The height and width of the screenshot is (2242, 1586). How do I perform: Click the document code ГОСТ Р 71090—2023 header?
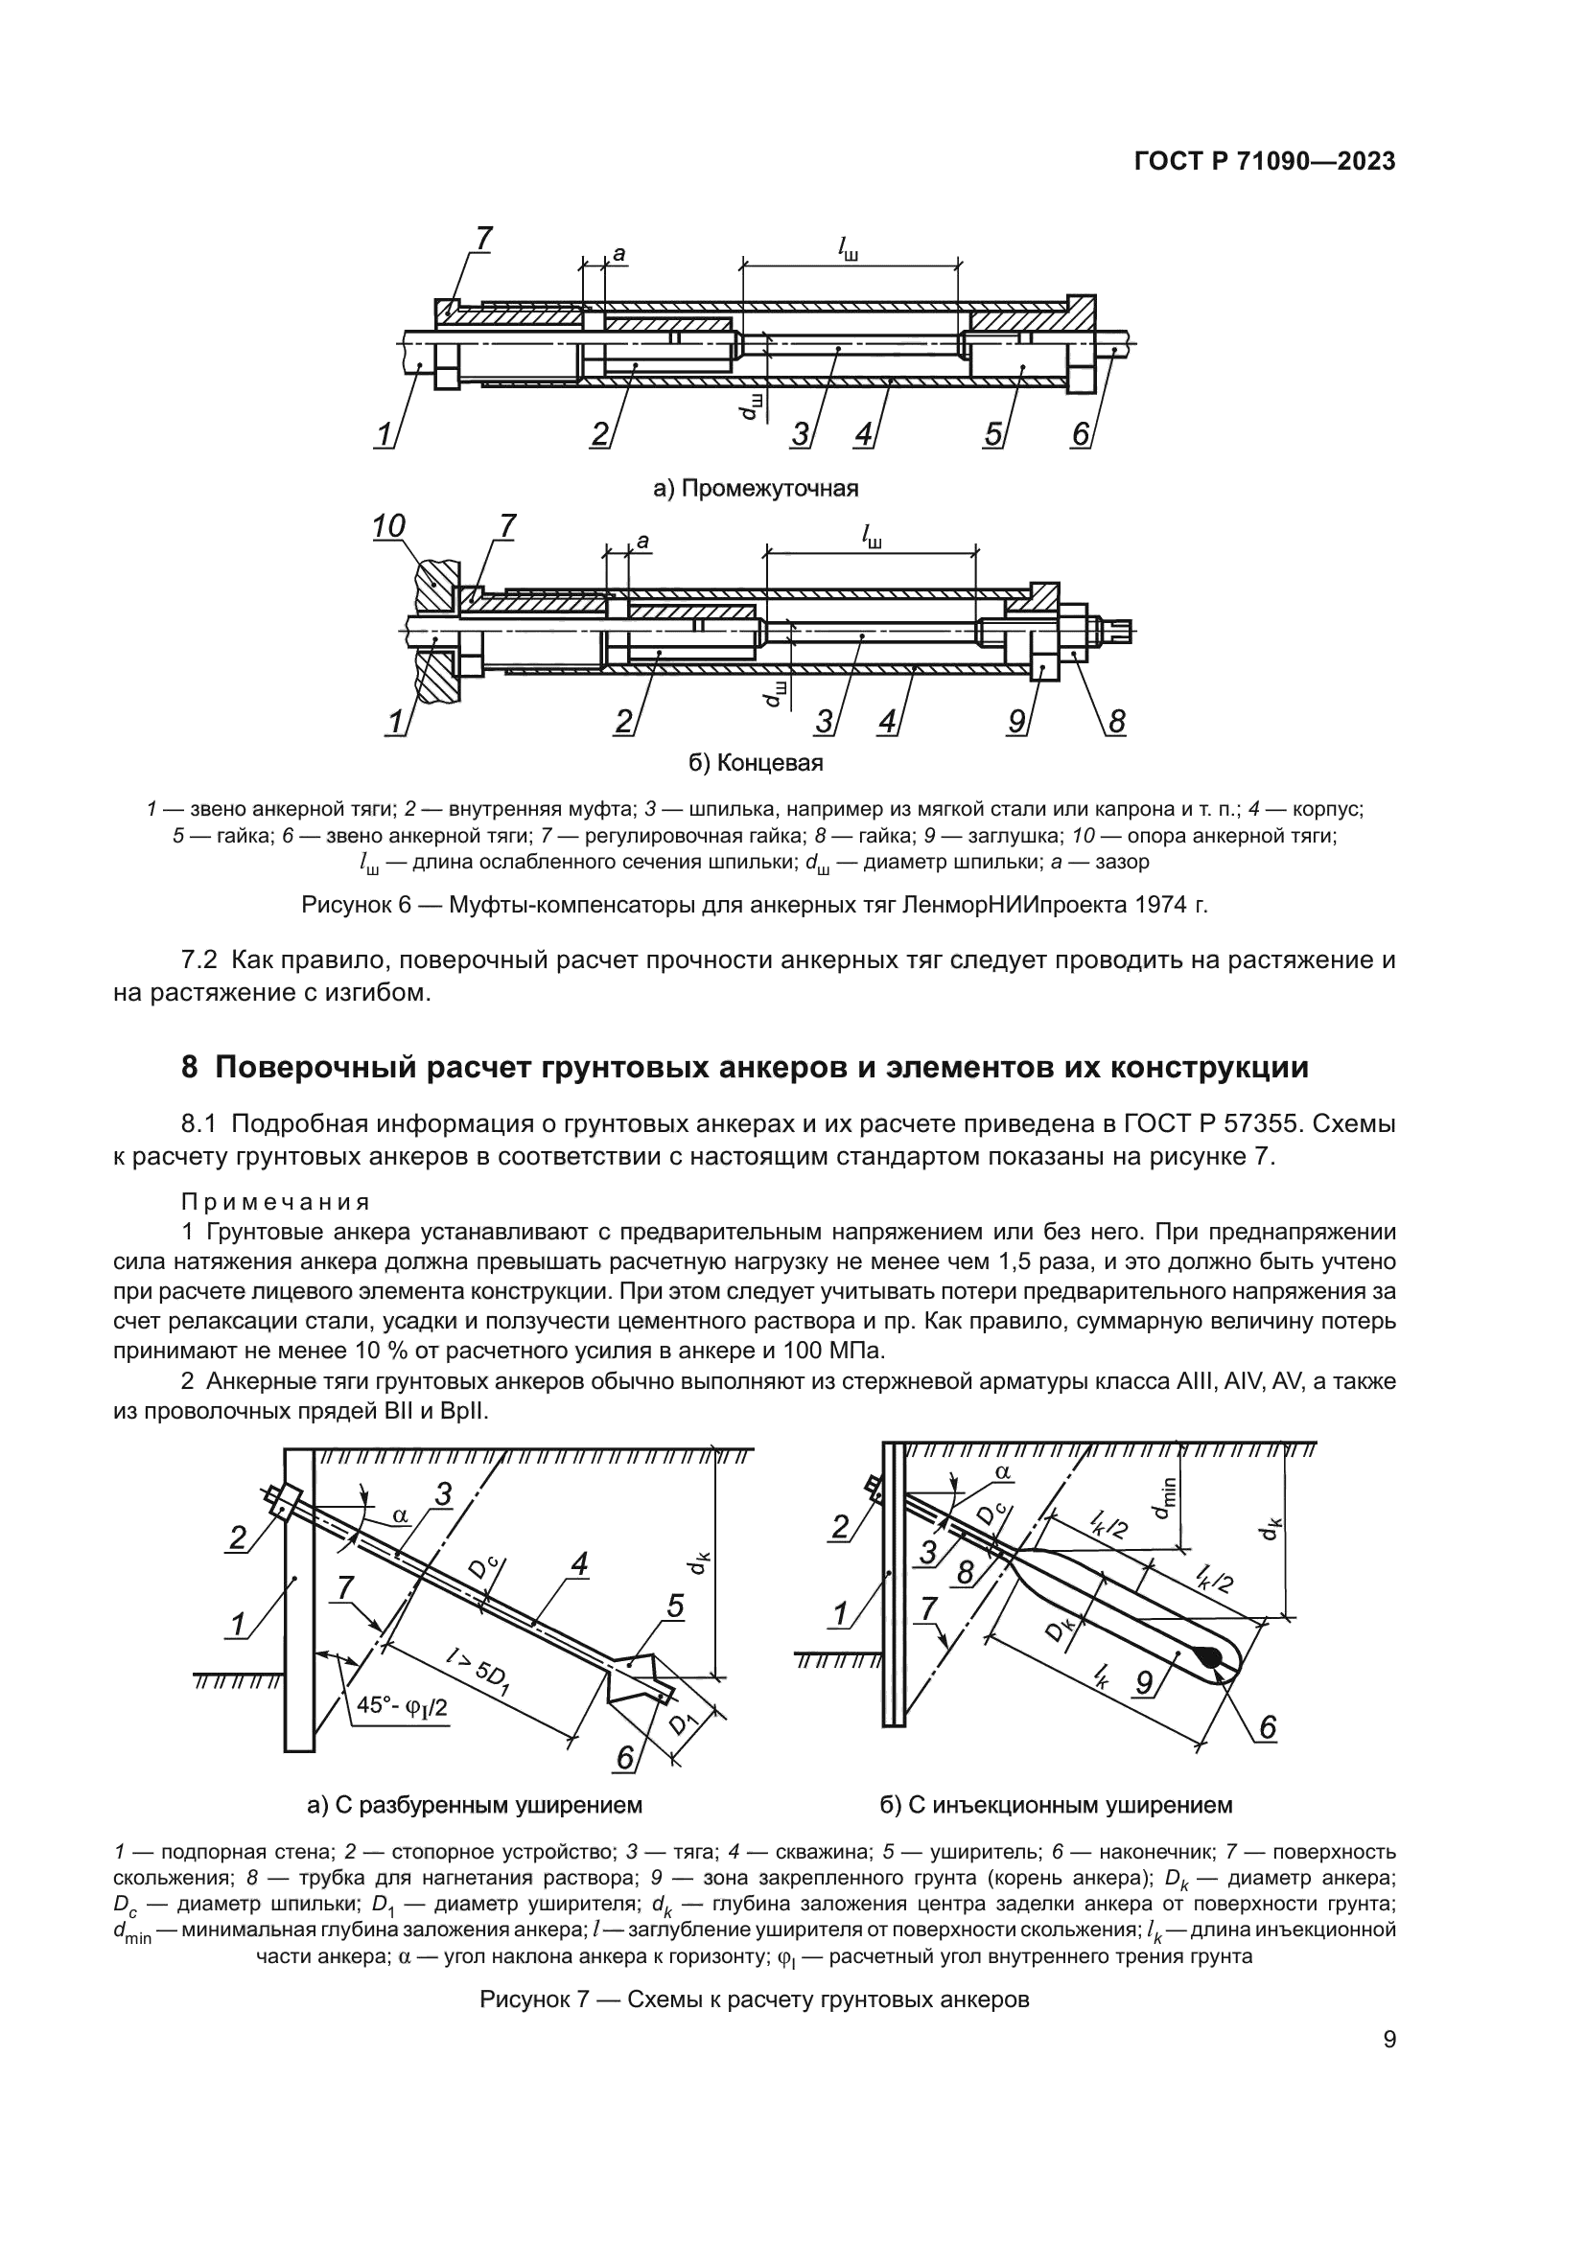click(x=1265, y=162)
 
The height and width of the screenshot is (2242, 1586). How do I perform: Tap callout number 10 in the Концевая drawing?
click(x=387, y=526)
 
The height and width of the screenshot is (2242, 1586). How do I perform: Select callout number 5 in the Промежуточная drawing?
click(x=993, y=433)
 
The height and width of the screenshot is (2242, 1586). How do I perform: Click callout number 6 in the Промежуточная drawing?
click(x=1080, y=433)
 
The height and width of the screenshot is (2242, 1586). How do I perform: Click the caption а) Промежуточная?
click(x=755, y=488)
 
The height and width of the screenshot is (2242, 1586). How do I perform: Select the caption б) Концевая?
click(x=756, y=763)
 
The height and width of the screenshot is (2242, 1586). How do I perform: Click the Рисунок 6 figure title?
click(x=754, y=905)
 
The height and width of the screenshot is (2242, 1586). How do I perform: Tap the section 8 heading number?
click(x=191, y=1067)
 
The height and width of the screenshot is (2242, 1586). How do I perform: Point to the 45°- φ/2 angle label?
click(x=401, y=1706)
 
